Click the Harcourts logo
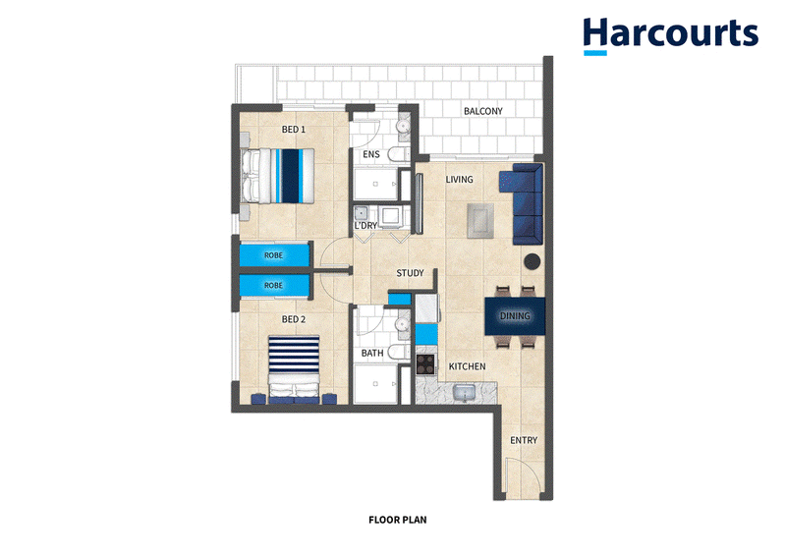click(x=671, y=35)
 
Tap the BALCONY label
click(x=482, y=111)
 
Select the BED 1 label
click(x=293, y=130)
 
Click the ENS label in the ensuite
click(x=371, y=154)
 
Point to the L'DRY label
click(x=365, y=226)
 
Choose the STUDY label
click(x=410, y=273)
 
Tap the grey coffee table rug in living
click(x=479, y=221)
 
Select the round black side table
click(x=533, y=261)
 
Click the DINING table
click(x=515, y=316)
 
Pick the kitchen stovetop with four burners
click(x=425, y=364)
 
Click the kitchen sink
click(x=466, y=392)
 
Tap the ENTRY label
click(x=524, y=440)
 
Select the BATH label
click(x=372, y=353)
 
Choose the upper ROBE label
click(x=273, y=255)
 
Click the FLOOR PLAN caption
click(x=398, y=520)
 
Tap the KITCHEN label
click(x=467, y=366)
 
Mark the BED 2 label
click(x=293, y=319)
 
